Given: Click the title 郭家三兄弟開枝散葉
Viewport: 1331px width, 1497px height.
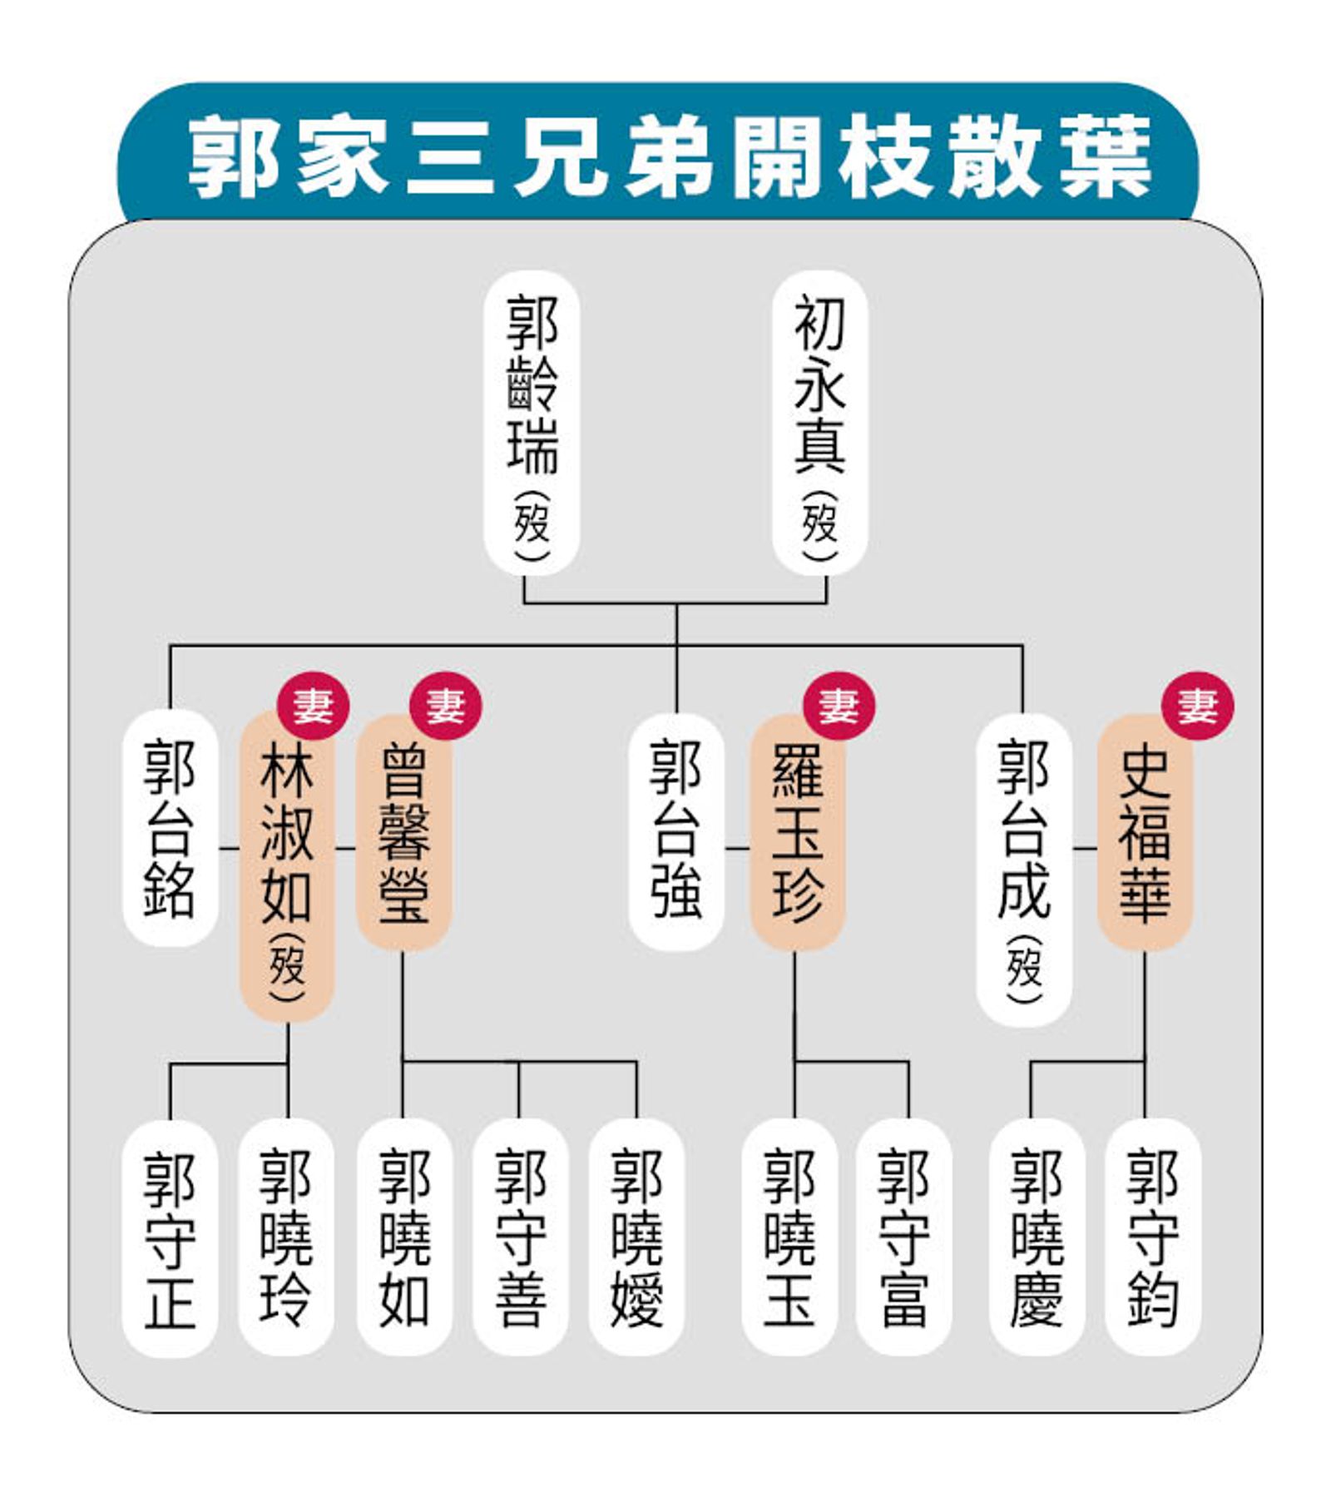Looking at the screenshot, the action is click(x=670, y=157).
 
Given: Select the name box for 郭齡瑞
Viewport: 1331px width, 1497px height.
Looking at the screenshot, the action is click(x=532, y=423).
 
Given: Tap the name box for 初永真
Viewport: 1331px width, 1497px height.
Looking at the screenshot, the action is click(x=819, y=423).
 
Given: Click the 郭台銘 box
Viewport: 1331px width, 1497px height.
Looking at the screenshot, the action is click(x=171, y=829).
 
